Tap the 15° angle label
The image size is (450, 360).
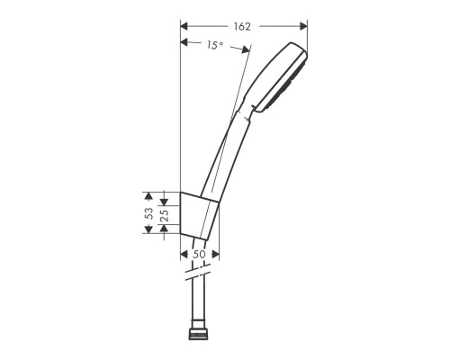tap(214, 43)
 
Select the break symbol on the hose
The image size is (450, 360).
tap(201, 271)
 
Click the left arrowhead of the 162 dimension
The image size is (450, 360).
tap(184, 25)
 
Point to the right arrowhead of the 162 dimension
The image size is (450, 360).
tap(304, 25)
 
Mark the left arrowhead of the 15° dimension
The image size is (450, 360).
tap(184, 42)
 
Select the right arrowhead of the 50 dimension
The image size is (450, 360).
tap(217, 246)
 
